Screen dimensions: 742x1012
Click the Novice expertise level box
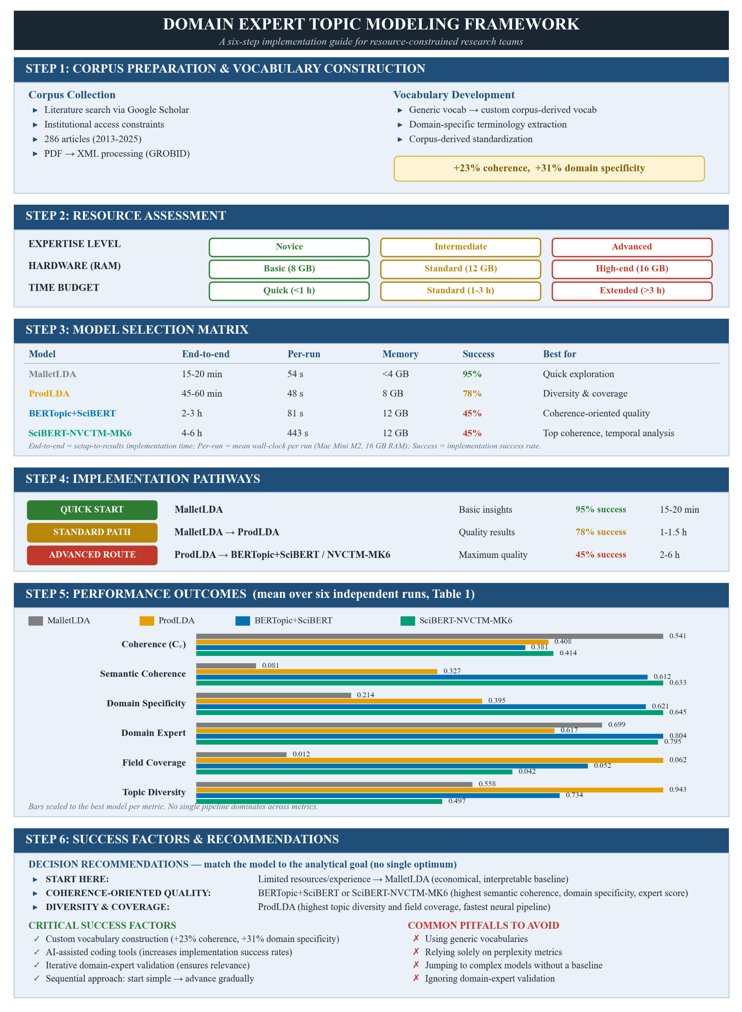click(x=289, y=247)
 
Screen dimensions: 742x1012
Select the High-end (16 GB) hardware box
click(x=632, y=269)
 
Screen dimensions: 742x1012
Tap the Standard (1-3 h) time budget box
click(x=460, y=291)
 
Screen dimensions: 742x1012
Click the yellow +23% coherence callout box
click(x=549, y=168)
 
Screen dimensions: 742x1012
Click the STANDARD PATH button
click(x=92, y=532)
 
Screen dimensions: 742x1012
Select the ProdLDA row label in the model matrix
click(x=49, y=394)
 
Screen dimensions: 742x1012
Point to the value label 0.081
click(x=270, y=665)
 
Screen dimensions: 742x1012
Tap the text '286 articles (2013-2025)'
click(x=92, y=139)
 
